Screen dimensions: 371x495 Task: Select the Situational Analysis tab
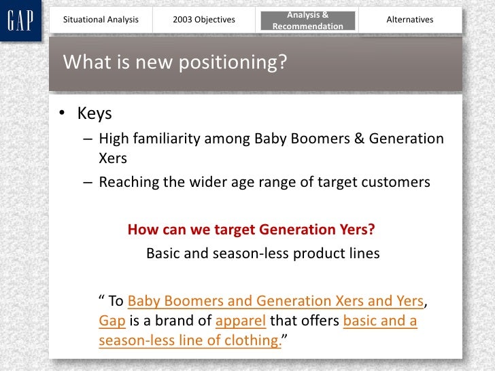(101, 20)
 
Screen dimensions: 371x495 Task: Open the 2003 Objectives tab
(204, 20)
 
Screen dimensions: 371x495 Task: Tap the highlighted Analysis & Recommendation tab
(307, 20)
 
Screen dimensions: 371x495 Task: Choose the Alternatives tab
(409, 20)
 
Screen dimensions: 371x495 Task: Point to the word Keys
(94, 113)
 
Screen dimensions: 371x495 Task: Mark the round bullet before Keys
(62, 114)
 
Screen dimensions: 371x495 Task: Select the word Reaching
(129, 182)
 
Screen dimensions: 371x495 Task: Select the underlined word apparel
(243, 321)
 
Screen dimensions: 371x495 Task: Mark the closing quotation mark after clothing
(286, 337)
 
